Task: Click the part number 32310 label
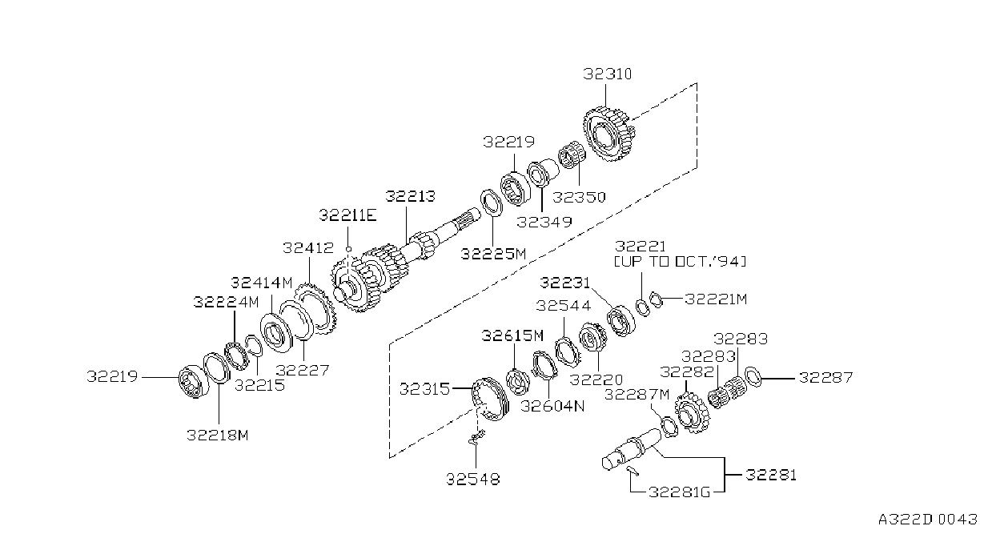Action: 607,74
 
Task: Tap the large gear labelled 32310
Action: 609,134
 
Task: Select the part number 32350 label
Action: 579,197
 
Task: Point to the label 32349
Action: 544,222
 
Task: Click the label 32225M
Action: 493,254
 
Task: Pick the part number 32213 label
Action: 410,196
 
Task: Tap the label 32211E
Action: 347,215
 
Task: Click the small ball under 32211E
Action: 349,249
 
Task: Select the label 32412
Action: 308,247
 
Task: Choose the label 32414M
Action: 261,283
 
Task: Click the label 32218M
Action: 218,436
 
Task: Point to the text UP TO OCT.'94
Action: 680,262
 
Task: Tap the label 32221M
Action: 716,299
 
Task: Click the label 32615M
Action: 512,336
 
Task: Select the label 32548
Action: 472,479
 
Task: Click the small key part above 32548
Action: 476,437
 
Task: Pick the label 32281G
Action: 679,492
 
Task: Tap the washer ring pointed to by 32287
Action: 753,376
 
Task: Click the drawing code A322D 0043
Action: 928,520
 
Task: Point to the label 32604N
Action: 552,406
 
